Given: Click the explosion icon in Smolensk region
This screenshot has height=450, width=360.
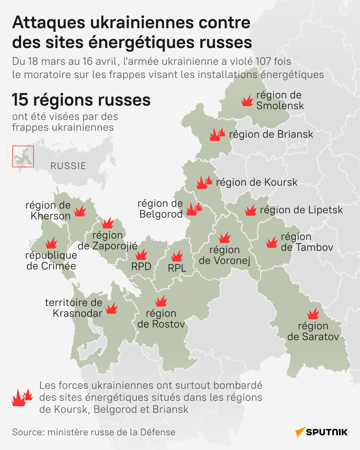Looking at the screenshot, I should (x=247, y=101).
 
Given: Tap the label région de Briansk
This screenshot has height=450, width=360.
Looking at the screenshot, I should (x=271, y=134).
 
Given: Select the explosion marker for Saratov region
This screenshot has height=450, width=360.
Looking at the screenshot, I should (x=313, y=314).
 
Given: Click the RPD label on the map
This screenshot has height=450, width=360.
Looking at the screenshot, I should (x=141, y=266).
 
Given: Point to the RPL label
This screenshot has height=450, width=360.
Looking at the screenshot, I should (x=177, y=268).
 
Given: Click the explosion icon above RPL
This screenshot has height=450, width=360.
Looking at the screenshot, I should (x=177, y=256).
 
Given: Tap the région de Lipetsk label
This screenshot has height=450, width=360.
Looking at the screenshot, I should (x=301, y=210).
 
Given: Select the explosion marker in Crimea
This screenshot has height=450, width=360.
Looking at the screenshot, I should (x=51, y=243).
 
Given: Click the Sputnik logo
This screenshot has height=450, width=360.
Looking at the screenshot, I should (x=322, y=432).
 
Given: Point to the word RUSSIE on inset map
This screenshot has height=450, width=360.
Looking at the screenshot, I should (x=68, y=166).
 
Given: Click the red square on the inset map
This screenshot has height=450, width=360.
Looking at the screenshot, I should (x=23, y=156).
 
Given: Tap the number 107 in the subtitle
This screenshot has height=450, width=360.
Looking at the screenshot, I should (x=263, y=61).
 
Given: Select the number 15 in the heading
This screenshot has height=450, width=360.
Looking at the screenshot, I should (x=20, y=100).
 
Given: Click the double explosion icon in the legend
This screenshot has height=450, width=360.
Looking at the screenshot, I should (x=22, y=397).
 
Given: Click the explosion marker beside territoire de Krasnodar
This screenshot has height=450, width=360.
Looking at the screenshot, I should (x=112, y=308).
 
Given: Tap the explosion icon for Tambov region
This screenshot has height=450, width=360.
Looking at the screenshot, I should (x=272, y=242).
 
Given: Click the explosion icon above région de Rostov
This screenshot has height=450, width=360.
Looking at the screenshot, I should (x=161, y=301).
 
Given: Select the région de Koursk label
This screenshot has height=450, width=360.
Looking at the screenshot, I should (x=256, y=182).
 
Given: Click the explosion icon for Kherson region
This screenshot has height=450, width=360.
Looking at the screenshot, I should (x=80, y=211).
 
